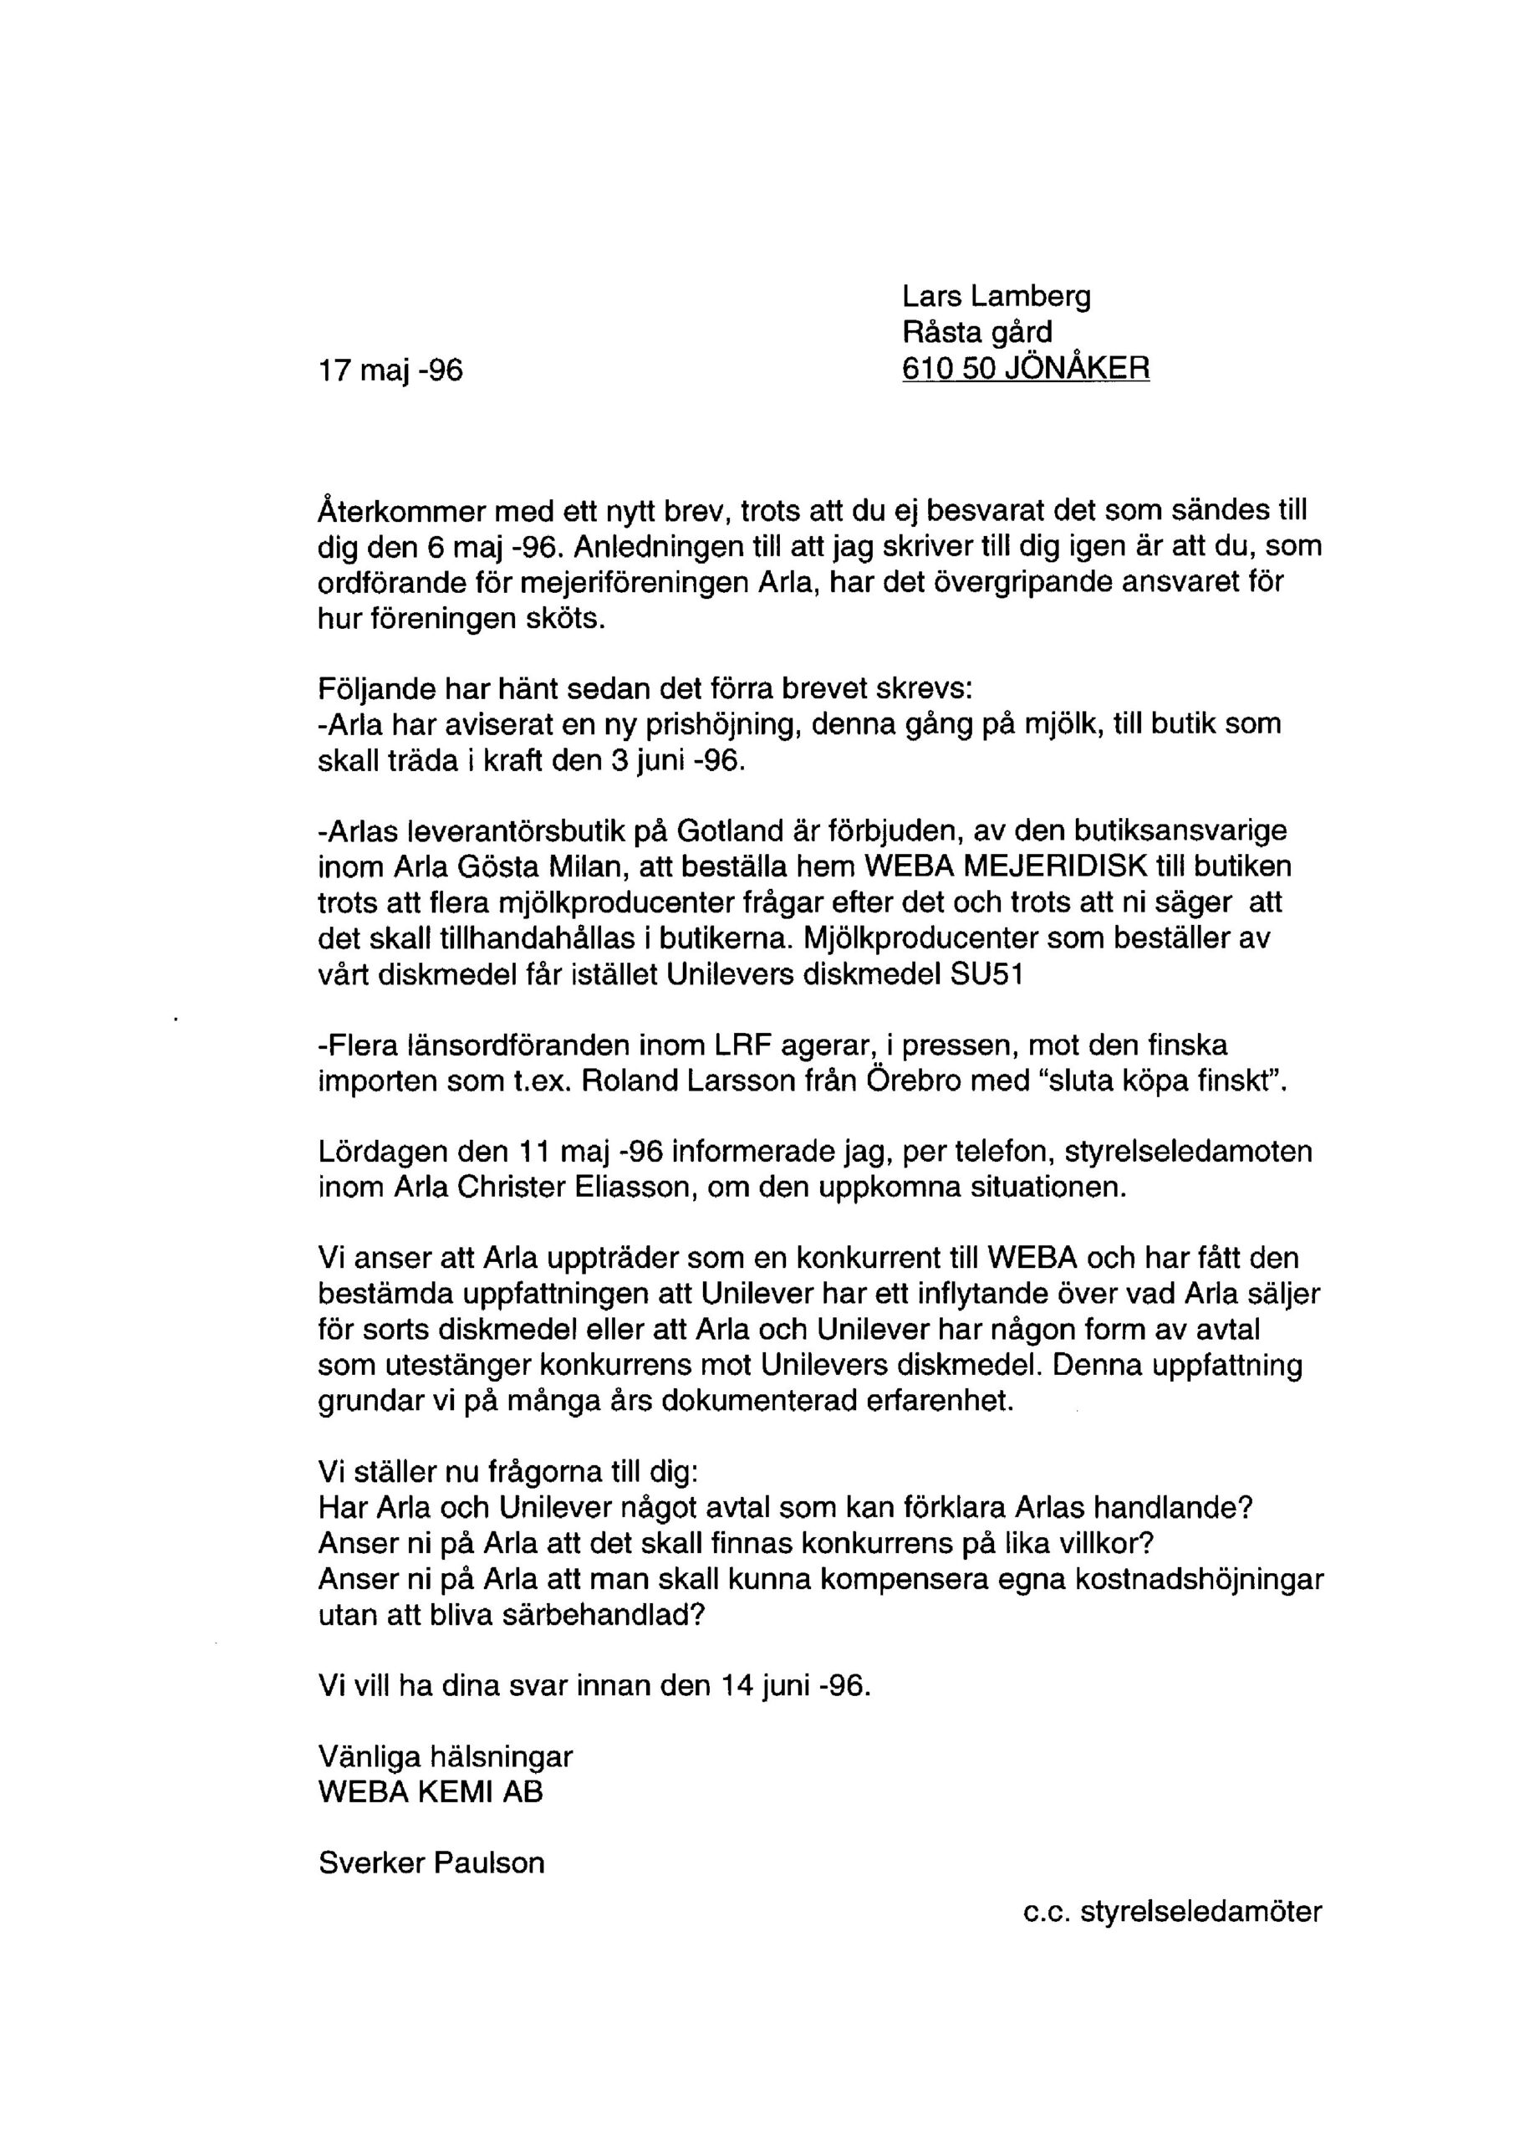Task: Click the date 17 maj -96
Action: [390, 371]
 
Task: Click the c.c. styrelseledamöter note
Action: [1172, 1912]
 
